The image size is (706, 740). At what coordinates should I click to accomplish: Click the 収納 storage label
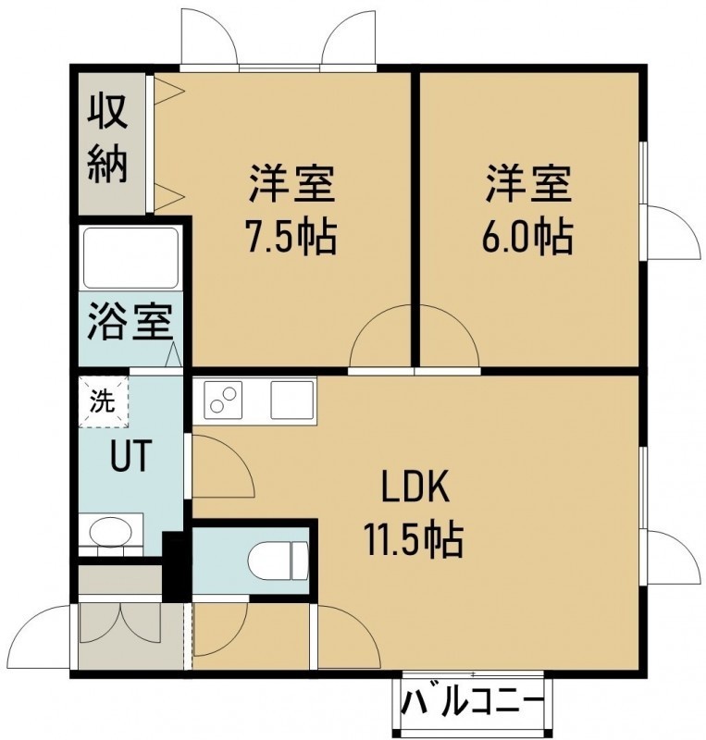coord(107,139)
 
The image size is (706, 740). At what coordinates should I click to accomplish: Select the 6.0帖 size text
coord(528,235)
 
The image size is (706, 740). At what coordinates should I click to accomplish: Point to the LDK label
coord(415,488)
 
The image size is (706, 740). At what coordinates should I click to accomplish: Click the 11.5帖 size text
coord(414,540)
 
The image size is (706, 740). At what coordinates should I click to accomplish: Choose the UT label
coord(130,456)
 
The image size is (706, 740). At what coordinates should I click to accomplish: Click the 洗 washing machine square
coord(104,401)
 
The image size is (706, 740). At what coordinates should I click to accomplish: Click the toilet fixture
coord(278,561)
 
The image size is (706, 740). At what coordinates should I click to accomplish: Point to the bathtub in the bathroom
coord(130,258)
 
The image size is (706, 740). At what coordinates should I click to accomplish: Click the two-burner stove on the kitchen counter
coord(223,400)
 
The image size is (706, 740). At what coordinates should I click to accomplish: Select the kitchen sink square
coord(291,400)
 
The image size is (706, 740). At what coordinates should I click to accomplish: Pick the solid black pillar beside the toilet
coord(177,565)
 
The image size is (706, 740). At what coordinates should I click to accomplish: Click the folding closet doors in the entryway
coord(120,623)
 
